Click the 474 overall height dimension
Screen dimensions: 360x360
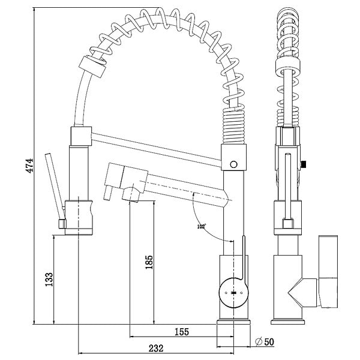click(29, 166)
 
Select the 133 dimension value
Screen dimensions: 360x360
click(49, 280)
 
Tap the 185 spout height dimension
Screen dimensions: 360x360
click(149, 262)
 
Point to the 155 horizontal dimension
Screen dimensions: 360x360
click(182, 332)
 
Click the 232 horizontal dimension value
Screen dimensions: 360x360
click(156, 348)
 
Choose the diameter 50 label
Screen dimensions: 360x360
click(265, 342)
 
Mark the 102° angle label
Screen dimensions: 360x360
click(202, 227)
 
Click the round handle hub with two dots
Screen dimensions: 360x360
click(234, 293)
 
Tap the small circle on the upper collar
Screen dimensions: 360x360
click(234, 164)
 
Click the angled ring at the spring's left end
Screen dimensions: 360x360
click(92, 66)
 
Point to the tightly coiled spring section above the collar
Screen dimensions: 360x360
click(233, 126)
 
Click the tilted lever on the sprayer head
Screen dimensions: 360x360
click(55, 187)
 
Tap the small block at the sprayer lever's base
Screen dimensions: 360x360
click(62, 224)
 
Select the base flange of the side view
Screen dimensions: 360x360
click(287, 322)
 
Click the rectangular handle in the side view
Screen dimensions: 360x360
click(328, 271)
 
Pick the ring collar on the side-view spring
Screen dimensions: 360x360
click(288, 66)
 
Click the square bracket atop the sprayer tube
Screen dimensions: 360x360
click(81, 136)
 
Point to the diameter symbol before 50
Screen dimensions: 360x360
click(259, 342)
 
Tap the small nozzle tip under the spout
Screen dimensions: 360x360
click(108, 193)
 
